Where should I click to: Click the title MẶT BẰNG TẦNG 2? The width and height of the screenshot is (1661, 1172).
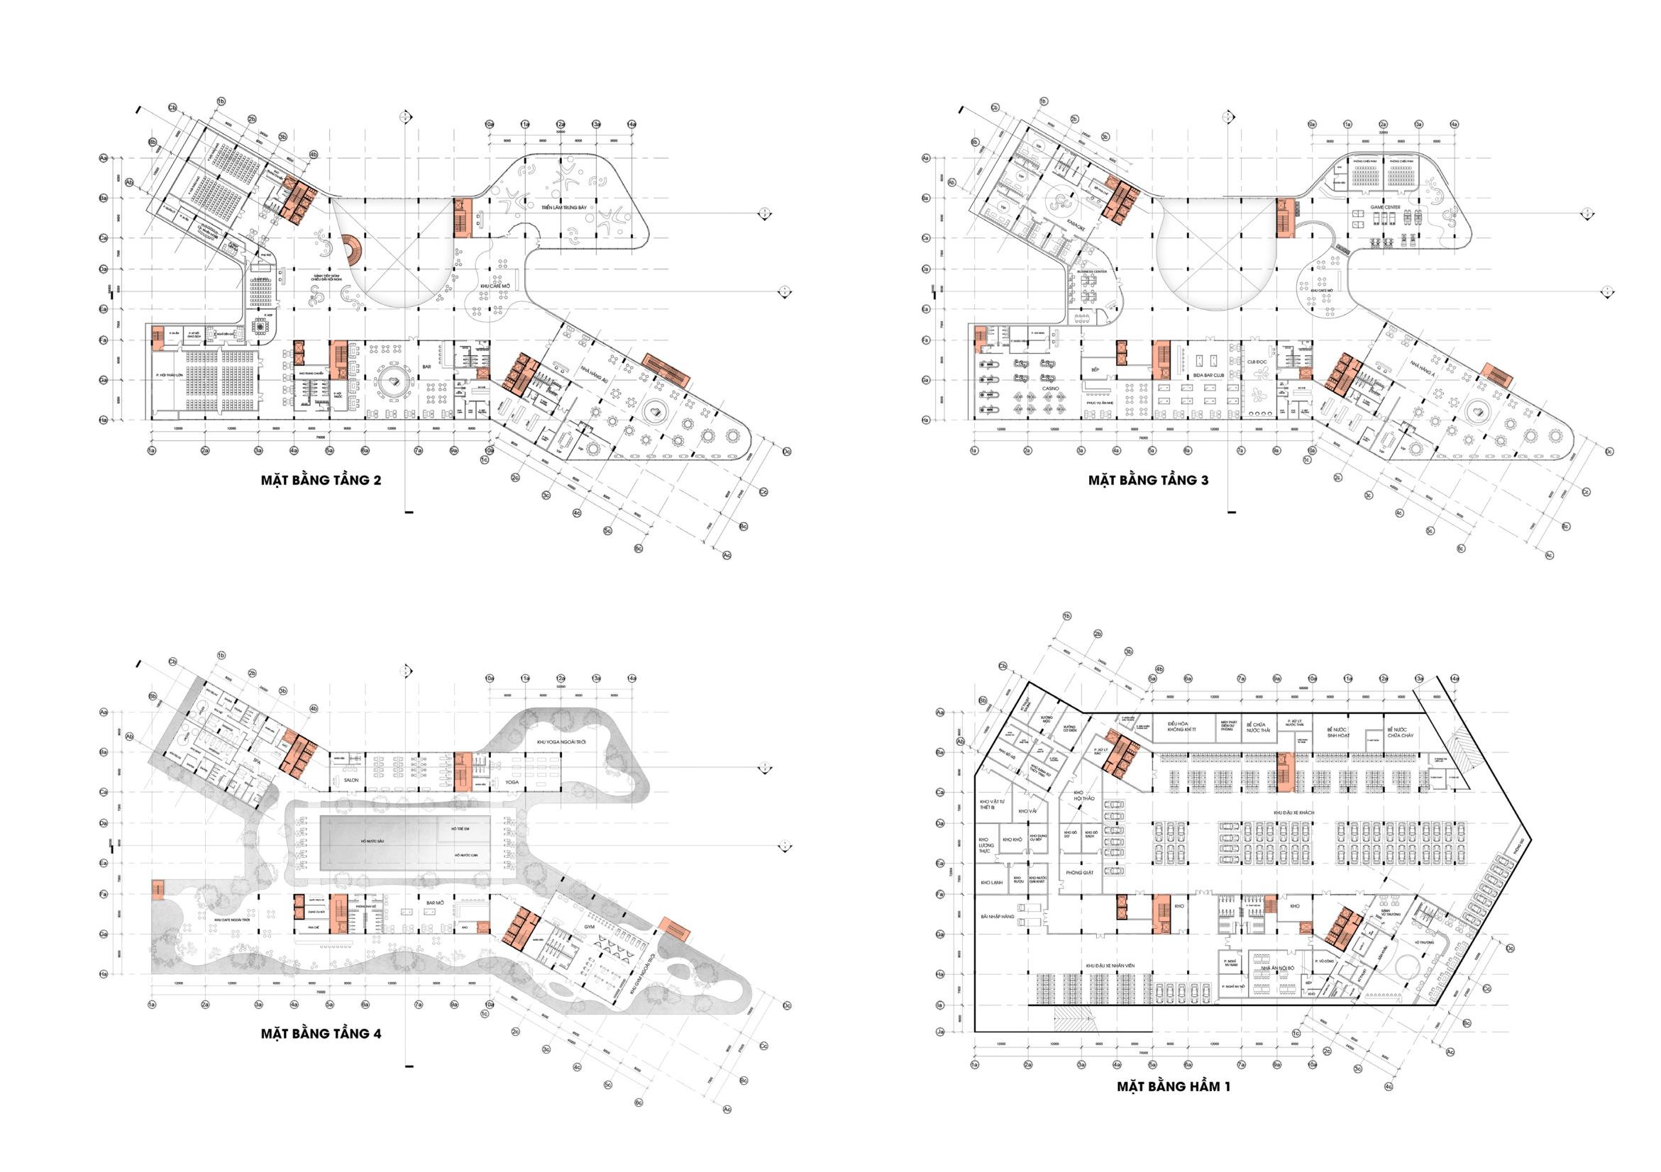pos(321,480)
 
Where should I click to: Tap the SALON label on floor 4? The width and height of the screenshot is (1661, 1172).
pos(352,782)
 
